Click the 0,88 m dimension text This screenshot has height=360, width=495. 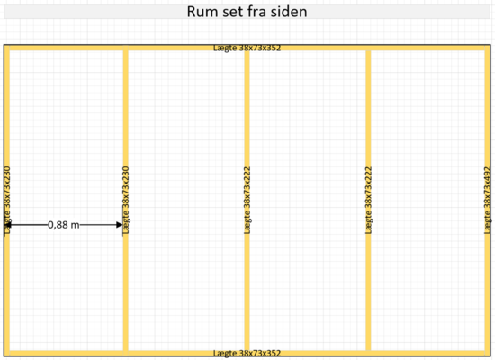pyautogui.click(x=64, y=225)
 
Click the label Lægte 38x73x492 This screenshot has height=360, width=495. pyautogui.click(x=488, y=201)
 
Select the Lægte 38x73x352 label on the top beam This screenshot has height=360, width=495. pyautogui.click(x=247, y=48)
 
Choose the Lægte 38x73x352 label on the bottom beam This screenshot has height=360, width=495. pyautogui.click(x=247, y=353)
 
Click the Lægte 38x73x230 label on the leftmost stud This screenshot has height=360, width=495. pyautogui.click(x=7, y=201)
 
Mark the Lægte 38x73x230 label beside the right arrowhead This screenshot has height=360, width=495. pyautogui.click(x=126, y=201)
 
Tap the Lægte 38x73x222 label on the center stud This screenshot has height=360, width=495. pyautogui.click(x=247, y=201)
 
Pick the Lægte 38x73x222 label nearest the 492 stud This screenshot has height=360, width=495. pyautogui.click(x=368, y=201)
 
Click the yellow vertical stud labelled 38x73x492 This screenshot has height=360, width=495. pyautogui.click(x=488, y=201)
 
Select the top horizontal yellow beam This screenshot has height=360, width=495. pyautogui.click(x=247, y=48)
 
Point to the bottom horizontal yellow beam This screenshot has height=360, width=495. pyautogui.click(x=247, y=353)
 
